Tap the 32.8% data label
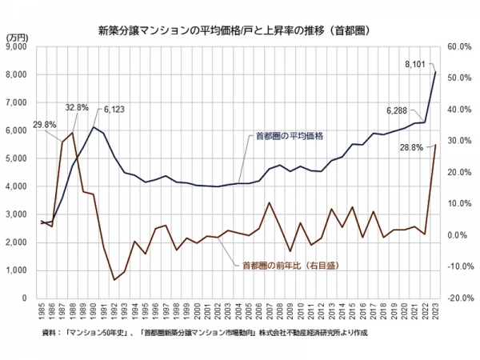click(x=77, y=107)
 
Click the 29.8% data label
click(x=45, y=125)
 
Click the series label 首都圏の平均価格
click(x=290, y=137)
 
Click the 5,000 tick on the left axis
click(x=16, y=158)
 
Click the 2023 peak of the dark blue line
click(x=434, y=72)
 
